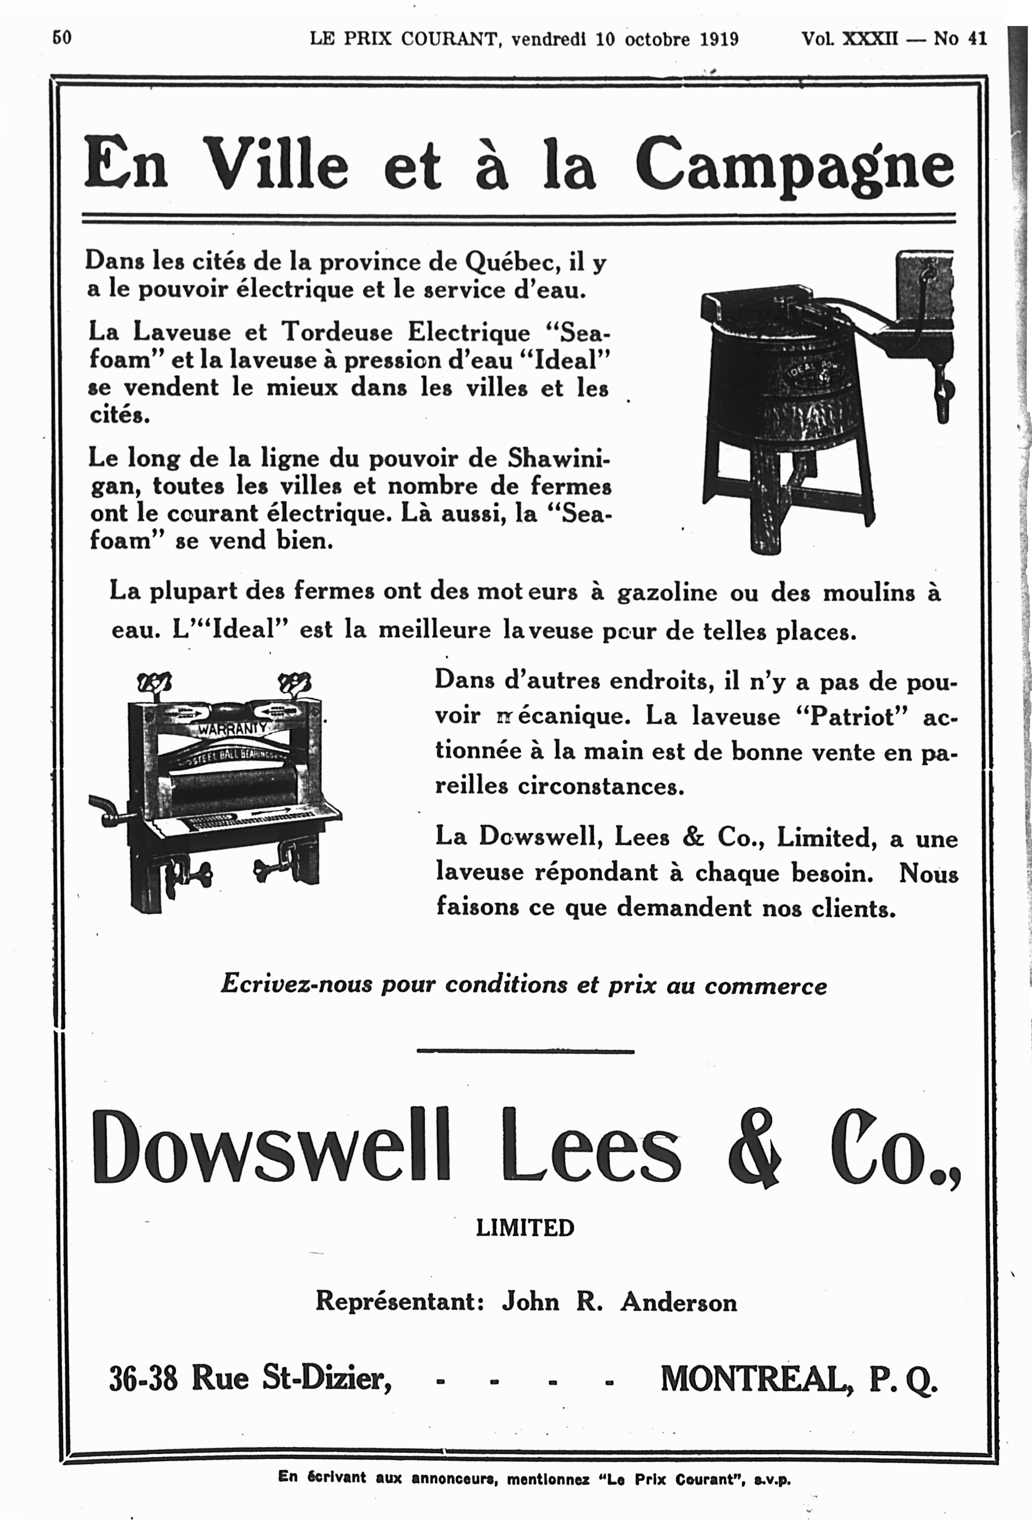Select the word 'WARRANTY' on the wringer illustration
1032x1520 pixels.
point(232,727)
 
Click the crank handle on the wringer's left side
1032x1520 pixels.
point(105,809)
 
